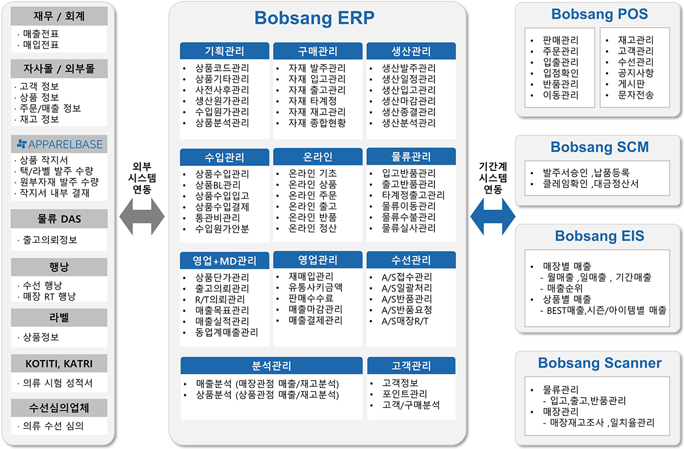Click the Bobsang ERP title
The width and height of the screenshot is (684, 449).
pyautogui.click(x=314, y=18)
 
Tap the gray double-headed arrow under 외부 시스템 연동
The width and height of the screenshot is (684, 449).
pyautogui.click(x=142, y=217)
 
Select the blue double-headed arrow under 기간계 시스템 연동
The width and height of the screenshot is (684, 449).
pyautogui.click(x=492, y=217)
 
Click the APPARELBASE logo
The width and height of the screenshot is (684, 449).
pyautogui.click(x=60, y=144)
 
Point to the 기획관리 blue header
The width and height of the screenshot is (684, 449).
pyautogui.click(x=225, y=51)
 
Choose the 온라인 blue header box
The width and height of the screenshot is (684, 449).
pyautogui.click(x=317, y=157)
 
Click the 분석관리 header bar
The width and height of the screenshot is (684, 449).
pyautogui.click(x=271, y=365)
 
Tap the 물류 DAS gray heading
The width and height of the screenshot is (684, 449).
pyautogui.click(x=59, y=219)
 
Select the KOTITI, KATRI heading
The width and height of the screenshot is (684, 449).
pyautogui.click(x=59, y=364)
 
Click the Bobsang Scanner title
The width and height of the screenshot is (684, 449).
pyautogui.click(x=600, y=363)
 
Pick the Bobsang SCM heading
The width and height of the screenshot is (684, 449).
pyautogui.click(x=600, y=147)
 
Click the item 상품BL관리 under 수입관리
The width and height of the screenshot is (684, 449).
pyautogui.click(x=218, y=185)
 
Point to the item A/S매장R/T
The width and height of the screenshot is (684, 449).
pyautogui.click(x=405, y=321)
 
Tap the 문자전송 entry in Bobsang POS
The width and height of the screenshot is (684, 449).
pyautogui.click(x=636, y=95)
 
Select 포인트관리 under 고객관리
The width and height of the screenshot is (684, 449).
pyautogui.click(x=405, y=394)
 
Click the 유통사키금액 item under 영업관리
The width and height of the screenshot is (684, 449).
pyautogui.click(x=315, y=287)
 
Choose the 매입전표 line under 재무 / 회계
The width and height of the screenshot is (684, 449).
pyautogui.click(x=41, y=45)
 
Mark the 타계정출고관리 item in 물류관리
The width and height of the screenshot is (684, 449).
pyautogui.click(x=413, y=195)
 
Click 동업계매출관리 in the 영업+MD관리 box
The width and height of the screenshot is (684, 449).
pyautogui.click(x=227, y=332)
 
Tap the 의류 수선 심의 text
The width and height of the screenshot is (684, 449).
pyautogui.click(x=53, y=426)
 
